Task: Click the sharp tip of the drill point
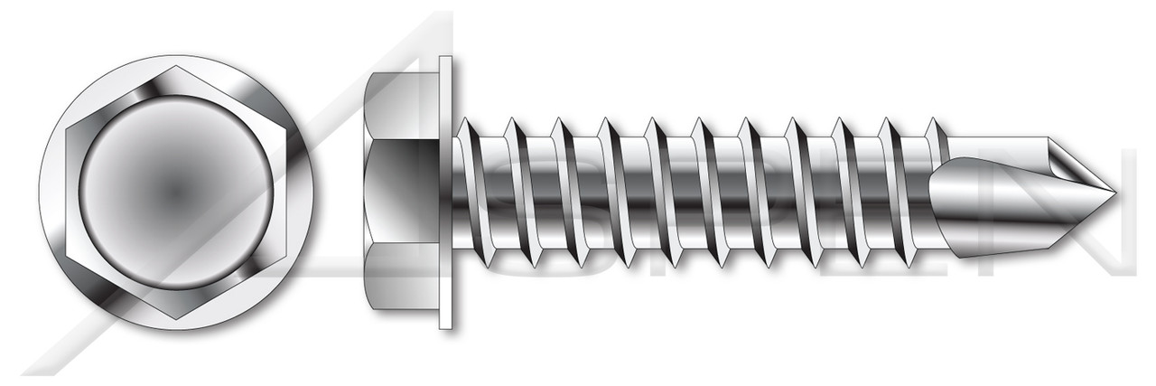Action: [x=1113, y=193]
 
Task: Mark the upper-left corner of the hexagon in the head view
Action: [x=66, y=129]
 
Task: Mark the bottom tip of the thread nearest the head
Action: [x=487, y=266]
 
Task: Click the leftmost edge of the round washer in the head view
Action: [x=41, y=193]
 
